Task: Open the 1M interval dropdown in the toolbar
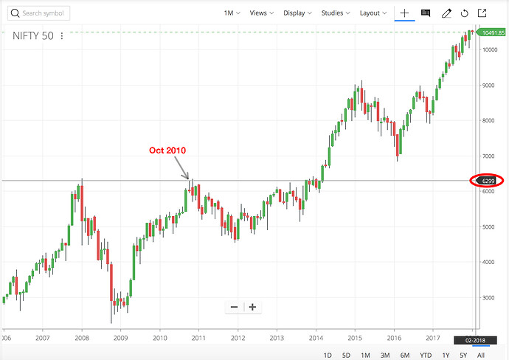(x=232, y=13)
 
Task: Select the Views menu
(x=261, y=13)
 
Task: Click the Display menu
(x=297, y=13)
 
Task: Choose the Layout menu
(x=373, y=13)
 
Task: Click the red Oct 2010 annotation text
(x=167, y=150)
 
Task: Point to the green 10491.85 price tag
(x=492, y=32)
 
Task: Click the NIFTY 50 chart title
(x=32, y=35)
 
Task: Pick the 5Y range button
(x=463, y=355)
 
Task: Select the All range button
(x=480, y=355)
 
